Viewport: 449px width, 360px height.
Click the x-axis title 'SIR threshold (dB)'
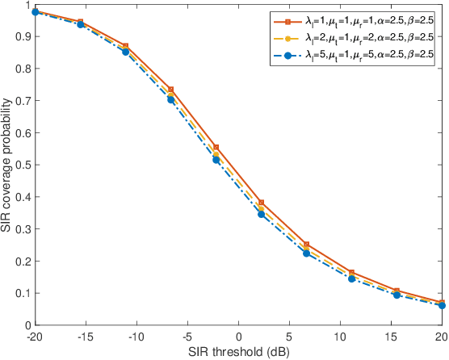click(x=239, y=352)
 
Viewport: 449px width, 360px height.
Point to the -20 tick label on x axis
click(x=35, y=335)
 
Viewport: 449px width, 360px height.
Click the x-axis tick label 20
click(x=441, y=335)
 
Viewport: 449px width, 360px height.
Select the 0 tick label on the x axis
click(x=239, y=335)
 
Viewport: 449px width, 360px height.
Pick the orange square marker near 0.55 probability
click(x=216, y=148)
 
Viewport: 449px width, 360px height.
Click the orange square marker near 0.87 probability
click(x=125, y=46)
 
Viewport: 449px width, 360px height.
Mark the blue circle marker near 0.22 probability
click(x=306, y=253)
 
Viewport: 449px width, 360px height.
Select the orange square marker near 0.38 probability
click(x=261, y=203)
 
